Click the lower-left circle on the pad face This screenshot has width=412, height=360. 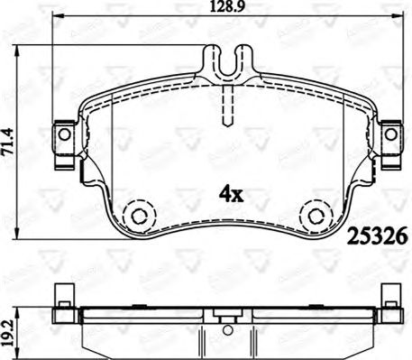point(137,217)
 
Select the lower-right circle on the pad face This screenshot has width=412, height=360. point(316,217)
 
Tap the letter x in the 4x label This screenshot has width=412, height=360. point(239,193)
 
